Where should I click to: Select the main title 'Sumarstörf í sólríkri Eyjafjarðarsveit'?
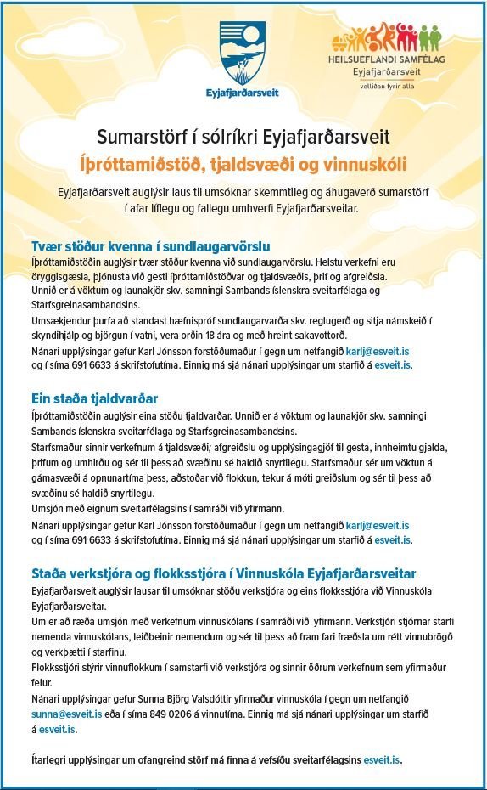[x=243, y=136]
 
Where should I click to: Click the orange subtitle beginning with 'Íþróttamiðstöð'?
[x=243, y=162]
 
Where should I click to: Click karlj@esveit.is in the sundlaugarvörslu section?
[x=389, y=351]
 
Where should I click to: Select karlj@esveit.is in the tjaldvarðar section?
[x=389, y=526]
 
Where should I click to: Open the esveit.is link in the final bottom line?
[x=382, y=758]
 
